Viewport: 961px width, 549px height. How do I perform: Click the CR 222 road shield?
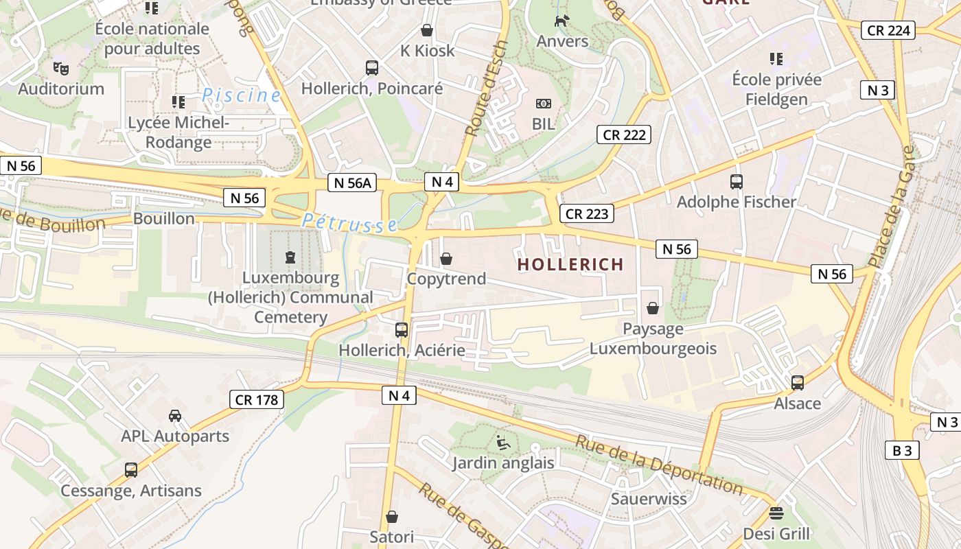pos(624,135)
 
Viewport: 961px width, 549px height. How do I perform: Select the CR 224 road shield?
pos(889,30)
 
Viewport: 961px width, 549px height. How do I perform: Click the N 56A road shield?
pos(354,182)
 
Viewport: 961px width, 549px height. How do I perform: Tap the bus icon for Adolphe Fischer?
pos(737,182)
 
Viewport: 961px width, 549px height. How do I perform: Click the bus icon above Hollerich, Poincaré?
pos(372,68)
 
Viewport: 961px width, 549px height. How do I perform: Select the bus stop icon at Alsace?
pos(798,383)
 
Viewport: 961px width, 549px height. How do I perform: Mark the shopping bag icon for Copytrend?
pos(446,259)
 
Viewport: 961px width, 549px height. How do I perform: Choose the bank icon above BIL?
pos(544,104)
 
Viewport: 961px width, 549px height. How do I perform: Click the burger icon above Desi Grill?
pos(776,513)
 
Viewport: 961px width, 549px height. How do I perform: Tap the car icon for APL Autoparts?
pos(175,415)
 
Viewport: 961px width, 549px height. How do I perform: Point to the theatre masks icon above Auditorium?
pos(61,68)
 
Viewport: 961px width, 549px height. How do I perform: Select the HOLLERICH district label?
pos(570,264)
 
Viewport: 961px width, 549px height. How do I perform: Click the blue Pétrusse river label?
pos(349,222)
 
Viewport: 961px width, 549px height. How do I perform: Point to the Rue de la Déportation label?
pos(660,465)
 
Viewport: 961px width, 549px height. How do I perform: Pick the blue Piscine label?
pos(242,95)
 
